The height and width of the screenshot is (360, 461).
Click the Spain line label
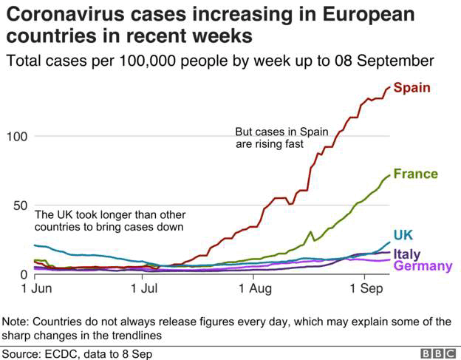(412, 88)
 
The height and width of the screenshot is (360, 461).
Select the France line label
(415, 174)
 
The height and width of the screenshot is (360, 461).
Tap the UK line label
(403, 235)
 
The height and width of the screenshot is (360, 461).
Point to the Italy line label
(407, 254)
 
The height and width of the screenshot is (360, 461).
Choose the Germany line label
(423, 266)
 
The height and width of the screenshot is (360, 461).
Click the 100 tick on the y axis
(16, 137)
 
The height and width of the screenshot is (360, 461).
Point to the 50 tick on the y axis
(18, 206)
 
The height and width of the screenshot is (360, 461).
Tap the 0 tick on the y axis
(23, 274)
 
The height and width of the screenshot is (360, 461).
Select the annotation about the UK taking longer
(109, 220)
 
